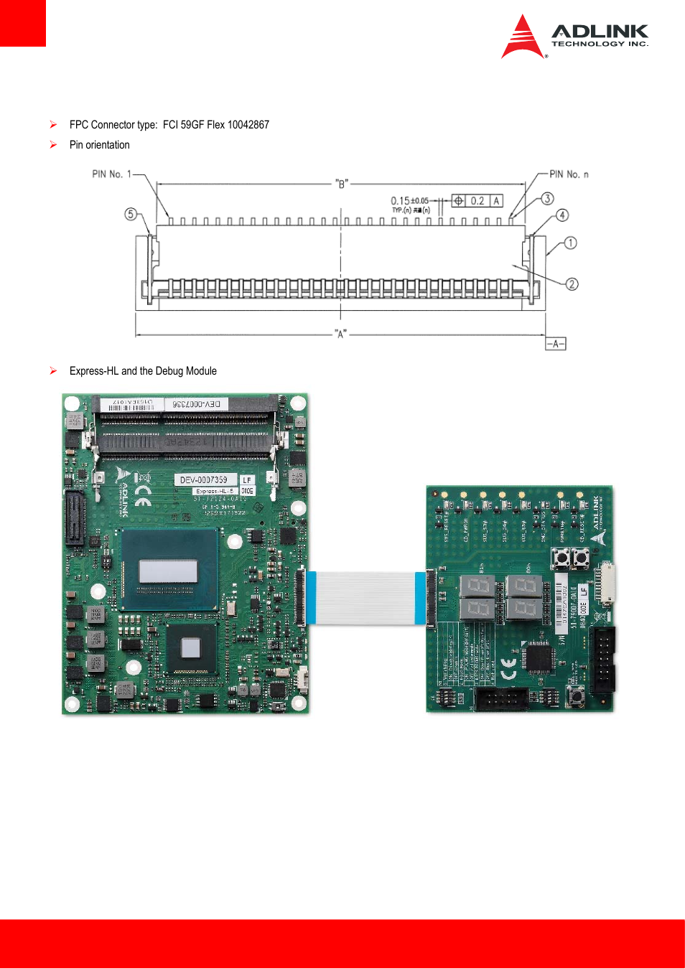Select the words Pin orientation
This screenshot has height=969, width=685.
pyautogui.click(x=100, y=145)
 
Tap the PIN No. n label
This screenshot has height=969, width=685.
pyautogui.click(x=569, y=174)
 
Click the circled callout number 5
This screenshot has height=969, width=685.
pyautogui.click(x=131, y=214)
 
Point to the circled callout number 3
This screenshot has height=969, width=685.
pyautogui.click(x=547, y=199)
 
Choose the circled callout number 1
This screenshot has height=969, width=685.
pyautogui.click(x=570, y=243)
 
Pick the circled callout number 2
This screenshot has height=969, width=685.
pyautogui.click(x=572, y=284)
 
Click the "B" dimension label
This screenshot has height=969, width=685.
pyautogui.click(x=342, y=184)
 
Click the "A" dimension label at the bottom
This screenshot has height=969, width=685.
pyautogui.click(x=340, y=334)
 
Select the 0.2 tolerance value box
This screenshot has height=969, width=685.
pyautogui.click(x=477, y=201)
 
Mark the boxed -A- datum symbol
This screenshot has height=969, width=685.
pyautogui.click(x=555, y=344)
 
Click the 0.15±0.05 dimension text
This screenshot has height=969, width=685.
pyautogui.click(x=409, y=201)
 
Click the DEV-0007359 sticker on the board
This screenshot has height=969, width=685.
pyautogui.click(x=204, y=479)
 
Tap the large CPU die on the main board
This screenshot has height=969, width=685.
pyautogui.click(x=168, y=571)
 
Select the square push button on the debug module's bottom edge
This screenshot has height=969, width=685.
pyautogui.click(x=575, y=693)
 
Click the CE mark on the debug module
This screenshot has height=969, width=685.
pyautogui.click(x=508, y=669)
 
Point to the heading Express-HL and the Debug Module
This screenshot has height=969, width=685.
pyautogui.click(x=143, y=371)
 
